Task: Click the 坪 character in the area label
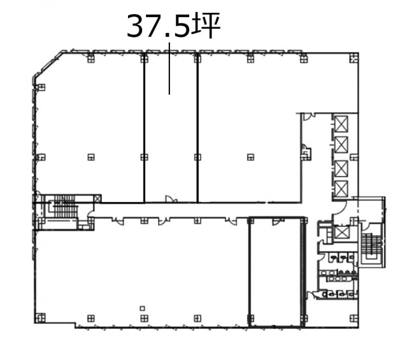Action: (206, 26)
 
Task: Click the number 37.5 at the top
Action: (159, 26)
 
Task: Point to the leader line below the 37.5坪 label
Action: (169, 68)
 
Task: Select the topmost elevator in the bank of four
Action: (341, 124)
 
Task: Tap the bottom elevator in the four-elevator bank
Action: (341, 189)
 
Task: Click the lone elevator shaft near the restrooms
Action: (341, 233)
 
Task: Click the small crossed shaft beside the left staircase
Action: (97, 199)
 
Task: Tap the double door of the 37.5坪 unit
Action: (171, 199)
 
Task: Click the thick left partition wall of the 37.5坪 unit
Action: (144, 128)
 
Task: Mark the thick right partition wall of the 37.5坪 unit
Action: (197, 128)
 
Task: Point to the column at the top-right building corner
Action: (354, 58)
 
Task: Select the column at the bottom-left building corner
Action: (40, 318)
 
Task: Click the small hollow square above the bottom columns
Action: (142, 308)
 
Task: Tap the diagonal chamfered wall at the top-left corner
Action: (48, 65)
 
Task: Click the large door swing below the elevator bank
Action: (339, 208)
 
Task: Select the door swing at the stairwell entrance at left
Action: (90, 212)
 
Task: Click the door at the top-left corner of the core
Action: (308, 117)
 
